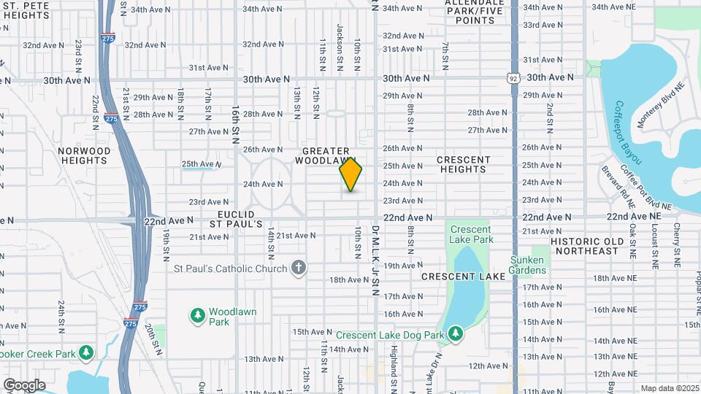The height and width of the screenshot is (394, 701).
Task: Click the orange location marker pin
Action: (x=351, y=175)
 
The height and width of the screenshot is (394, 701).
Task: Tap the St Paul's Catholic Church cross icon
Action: (x=298, y=268)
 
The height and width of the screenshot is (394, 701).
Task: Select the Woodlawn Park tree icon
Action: (x=196, y=315)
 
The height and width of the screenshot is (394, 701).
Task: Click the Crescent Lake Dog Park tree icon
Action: (x=456, y=334)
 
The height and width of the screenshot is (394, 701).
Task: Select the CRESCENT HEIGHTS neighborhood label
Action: (x=464, y=164)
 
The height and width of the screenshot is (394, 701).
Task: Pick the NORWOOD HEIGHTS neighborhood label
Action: (x=85, y=155)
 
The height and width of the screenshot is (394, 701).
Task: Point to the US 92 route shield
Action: (x=514, y=77)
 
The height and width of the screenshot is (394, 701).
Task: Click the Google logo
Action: (x=24, y=385)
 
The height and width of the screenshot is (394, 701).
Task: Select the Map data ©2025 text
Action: (x=668, y=388)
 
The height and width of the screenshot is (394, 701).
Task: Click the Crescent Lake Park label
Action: (x=471, y=234)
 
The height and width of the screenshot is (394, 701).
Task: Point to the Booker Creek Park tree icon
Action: (x=86, y=353)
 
